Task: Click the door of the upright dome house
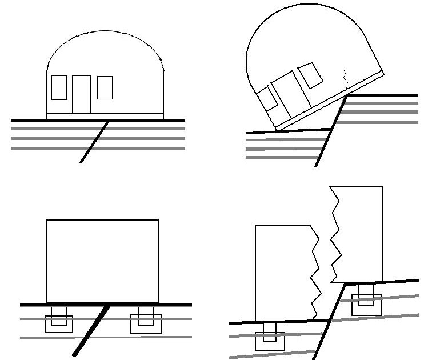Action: pyautogui.click(x=81, y=94)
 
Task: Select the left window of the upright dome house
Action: pyautogui.click(x=59, y=88)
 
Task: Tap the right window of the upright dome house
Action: pyautogui.click(x=105, y=87)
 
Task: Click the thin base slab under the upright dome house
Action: pyautogui.click(x=105, y=116)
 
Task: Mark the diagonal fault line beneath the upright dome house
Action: pyautogui.click(x=95, y=142)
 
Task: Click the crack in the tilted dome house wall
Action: pyautogui.click(x=345, y=78)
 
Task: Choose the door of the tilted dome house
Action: pyautogui.click(x=290, y=93)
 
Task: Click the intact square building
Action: pyautogui.click(x=102, y=261)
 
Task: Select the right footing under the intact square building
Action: pyautogui.click(x=146, y=322)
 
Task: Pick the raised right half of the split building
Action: pyautogui.click(x=357, y=234)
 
